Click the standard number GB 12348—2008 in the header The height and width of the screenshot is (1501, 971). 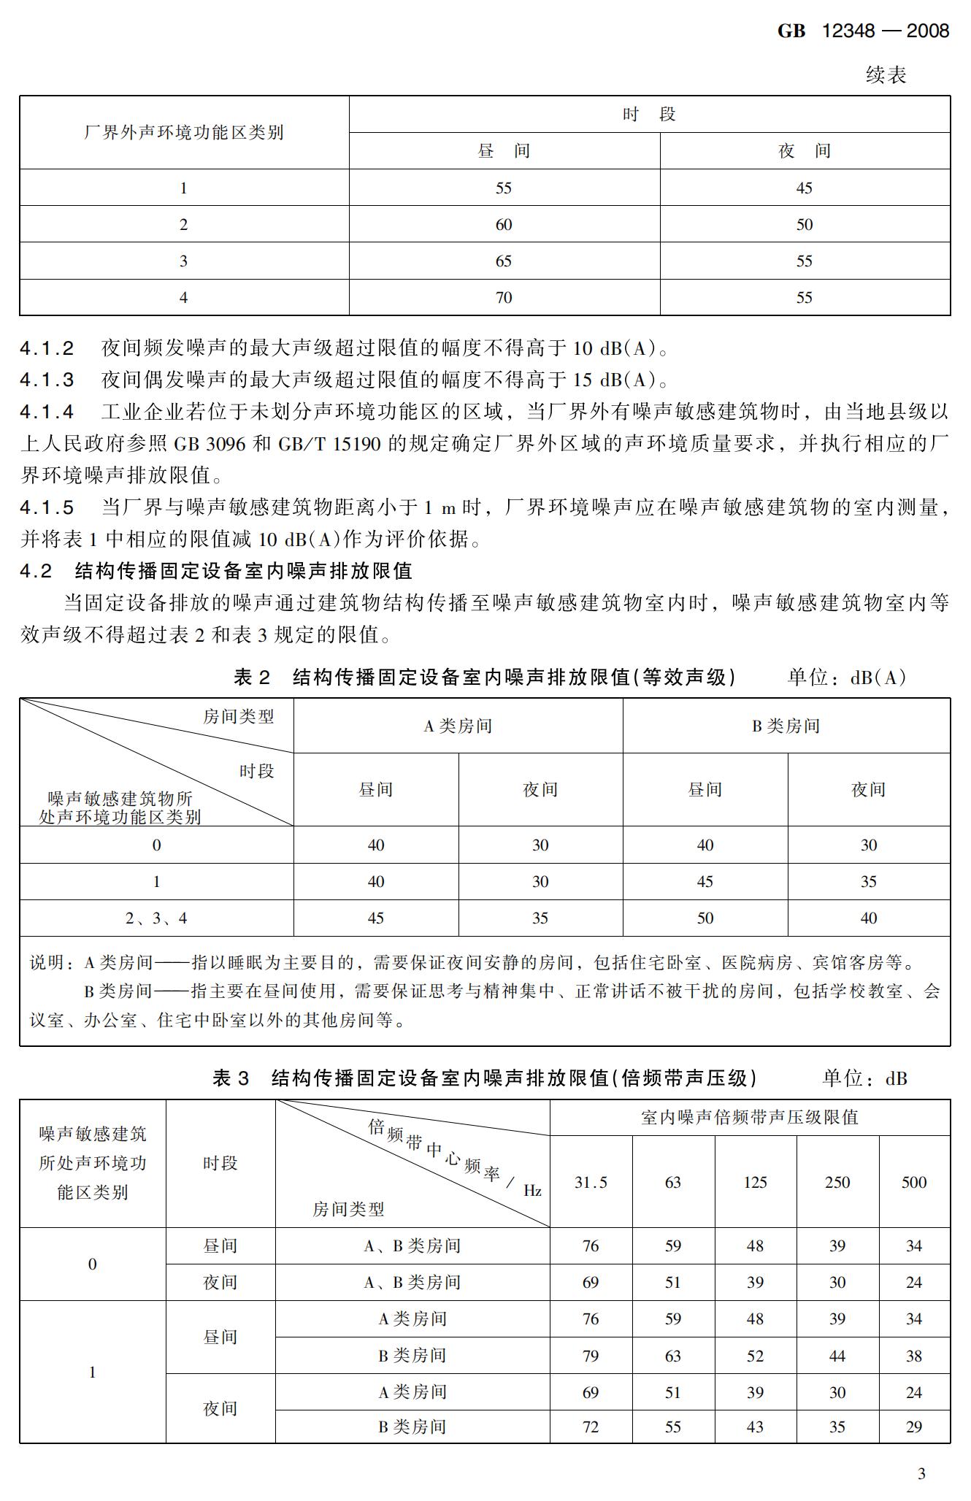[863, 31]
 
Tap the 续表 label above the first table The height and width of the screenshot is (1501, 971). [886, 74]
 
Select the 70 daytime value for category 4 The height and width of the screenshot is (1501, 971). [504, 297]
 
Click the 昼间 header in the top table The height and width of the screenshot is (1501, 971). [504, 151]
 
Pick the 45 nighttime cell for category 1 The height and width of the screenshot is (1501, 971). [804, 188]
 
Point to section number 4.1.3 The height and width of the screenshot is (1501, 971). [47, 380]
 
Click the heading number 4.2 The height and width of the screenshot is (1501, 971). [36, 571]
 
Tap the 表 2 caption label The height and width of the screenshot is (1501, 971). [251, 677]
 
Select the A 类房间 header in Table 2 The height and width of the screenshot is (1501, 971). [458, 726]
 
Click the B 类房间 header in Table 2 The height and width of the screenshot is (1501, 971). [786, 726]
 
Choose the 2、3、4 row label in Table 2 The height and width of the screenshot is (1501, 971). [156, 918]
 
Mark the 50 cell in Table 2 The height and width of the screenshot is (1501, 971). [705, 918]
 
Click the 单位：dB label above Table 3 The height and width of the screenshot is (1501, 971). [864, 1078]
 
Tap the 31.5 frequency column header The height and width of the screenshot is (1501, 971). [591, 1182]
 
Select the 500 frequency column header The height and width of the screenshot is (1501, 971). [913, 1182]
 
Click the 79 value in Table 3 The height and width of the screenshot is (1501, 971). [591, 1356]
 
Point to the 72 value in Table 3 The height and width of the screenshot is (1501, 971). [591, 1427]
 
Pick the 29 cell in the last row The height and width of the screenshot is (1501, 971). [913, 1427]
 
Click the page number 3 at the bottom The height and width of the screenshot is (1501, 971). [921, 1473]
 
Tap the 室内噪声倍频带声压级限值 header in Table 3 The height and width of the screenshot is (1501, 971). [749, 1118]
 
